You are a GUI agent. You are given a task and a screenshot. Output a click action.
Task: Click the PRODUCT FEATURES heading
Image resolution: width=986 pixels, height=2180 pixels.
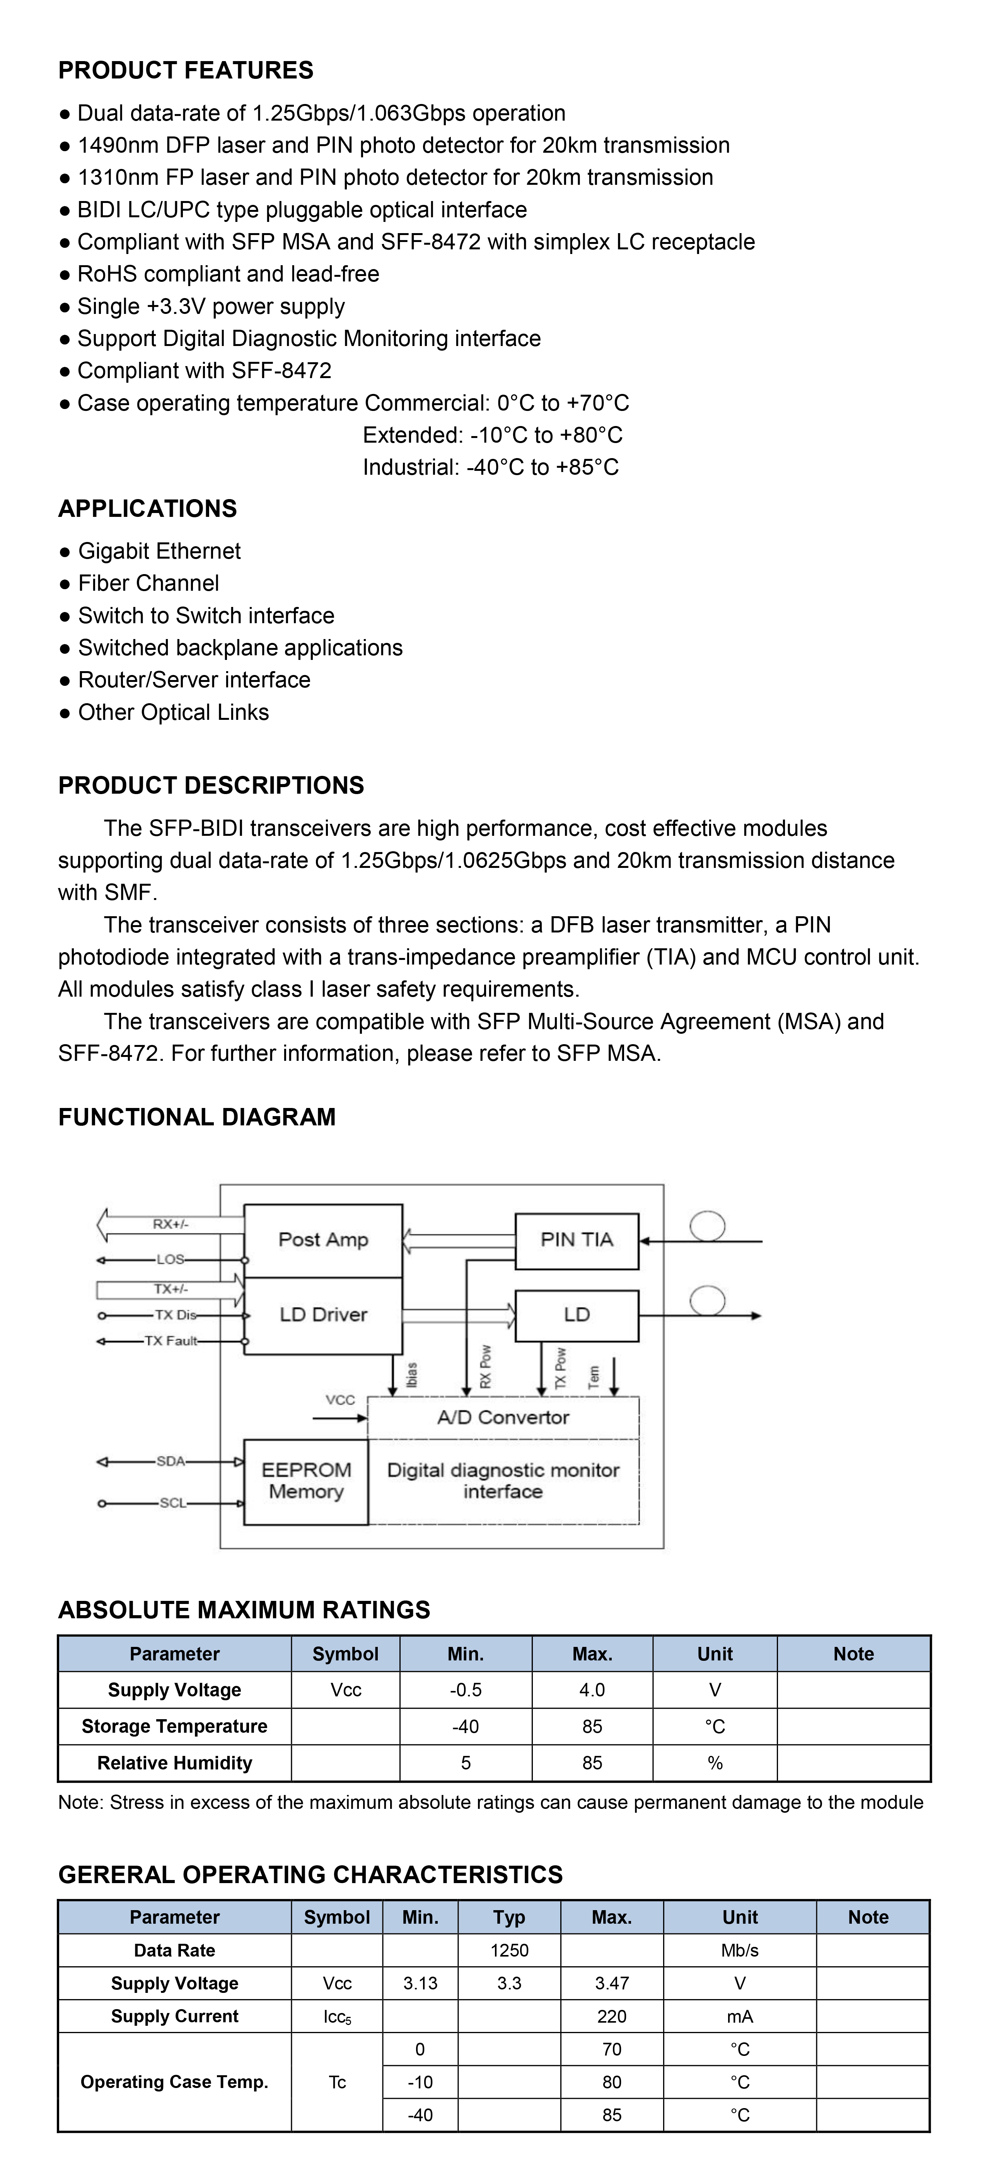pos(185,70)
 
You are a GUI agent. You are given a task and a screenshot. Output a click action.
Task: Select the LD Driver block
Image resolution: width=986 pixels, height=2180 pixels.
pos(323,1314)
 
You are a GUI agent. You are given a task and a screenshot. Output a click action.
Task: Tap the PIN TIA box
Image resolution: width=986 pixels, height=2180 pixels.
pos(577,1240)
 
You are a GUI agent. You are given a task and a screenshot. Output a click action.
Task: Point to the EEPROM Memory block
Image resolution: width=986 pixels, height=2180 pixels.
pos(305,1481)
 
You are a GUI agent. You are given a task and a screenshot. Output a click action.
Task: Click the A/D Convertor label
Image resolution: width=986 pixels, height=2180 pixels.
pos(503,1418)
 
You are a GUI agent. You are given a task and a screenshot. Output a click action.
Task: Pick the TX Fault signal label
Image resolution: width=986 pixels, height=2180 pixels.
pos(170,1340)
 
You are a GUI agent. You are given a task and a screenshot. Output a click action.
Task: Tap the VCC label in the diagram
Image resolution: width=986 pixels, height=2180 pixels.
pos(340,1400)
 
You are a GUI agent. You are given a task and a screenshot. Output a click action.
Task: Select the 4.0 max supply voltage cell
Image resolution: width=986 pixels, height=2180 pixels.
pos(592,1690)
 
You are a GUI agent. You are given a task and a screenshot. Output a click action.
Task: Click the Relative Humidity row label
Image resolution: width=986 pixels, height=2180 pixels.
pos(174,1763)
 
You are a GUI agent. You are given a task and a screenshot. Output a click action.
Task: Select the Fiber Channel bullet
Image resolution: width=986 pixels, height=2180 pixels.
pos(148,583)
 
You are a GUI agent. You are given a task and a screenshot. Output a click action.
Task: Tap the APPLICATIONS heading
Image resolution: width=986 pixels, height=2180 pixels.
pos(147,509)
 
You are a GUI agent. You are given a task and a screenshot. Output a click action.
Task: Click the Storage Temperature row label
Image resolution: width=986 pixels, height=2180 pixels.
pos(174,1727)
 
